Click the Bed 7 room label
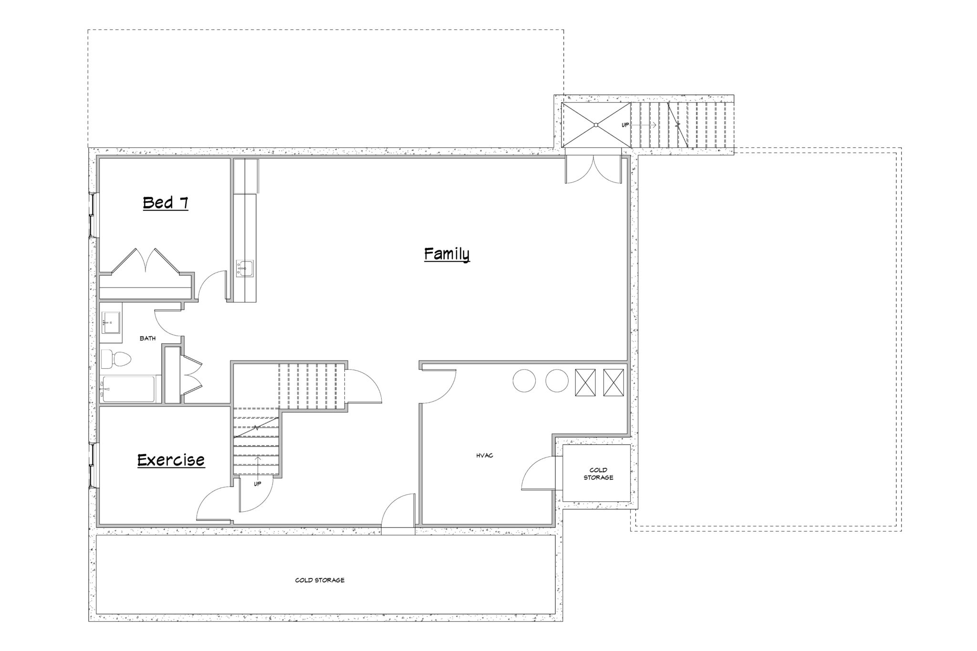[166, 203]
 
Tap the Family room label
[447, 254]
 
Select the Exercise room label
[171, 460]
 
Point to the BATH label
[147, 339]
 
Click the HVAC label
[485, 455]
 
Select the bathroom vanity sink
[110, 322]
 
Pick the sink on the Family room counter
[245, 269]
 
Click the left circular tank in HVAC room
[524, 381]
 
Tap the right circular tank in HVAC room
[557, 381]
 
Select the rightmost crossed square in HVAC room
[613, 382]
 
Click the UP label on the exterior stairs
[625, 125]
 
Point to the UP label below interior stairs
[258, 484]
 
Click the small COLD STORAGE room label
[598, 474]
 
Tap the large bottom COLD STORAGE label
[320, 580]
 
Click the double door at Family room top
[593, 169]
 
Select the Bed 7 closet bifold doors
[146, 260]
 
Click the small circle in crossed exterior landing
[596, 125]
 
